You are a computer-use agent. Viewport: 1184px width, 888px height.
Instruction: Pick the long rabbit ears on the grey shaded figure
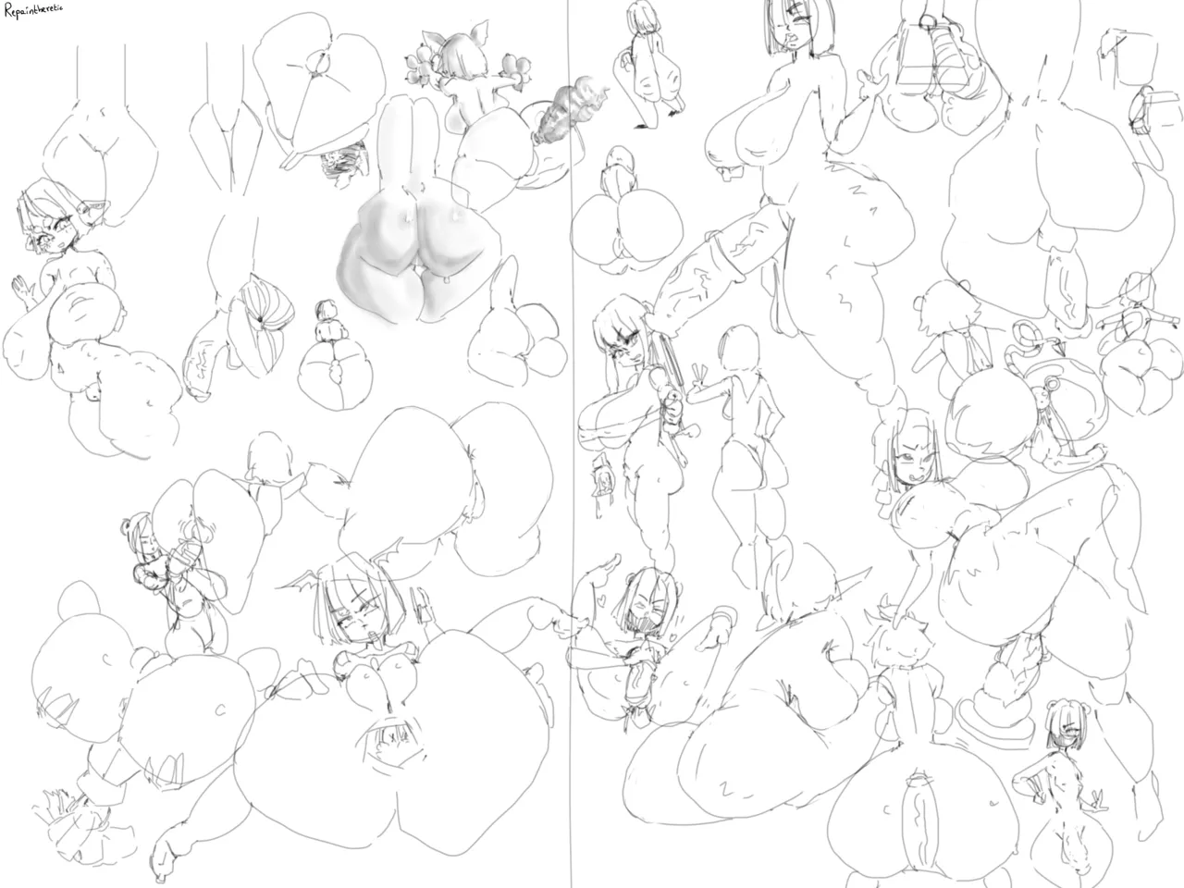[407, 139]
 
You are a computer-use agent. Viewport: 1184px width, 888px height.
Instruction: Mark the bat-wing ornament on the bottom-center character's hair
[305, 583]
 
